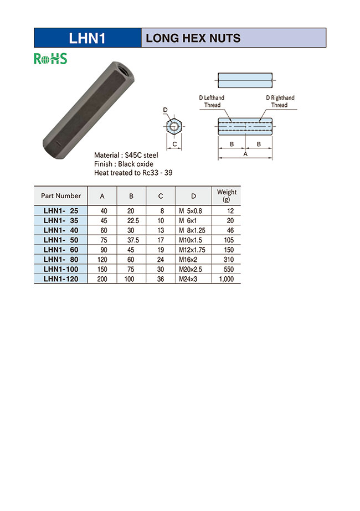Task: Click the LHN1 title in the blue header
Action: (x=87, y=38)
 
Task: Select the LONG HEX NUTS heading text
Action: (x=193, y=38)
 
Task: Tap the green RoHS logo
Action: (x=50, y=59)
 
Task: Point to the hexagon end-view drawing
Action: (x=174, y=127)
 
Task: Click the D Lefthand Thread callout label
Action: (x=212, y=101)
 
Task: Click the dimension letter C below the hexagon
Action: (x=174, y=145)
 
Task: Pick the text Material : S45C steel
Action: (x=126, y=156)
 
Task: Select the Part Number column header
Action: (x=61, y=195)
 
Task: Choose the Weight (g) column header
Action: (x=227, y=195)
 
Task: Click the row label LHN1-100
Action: (x=61, y=270)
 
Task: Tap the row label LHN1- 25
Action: (x=61, y=210)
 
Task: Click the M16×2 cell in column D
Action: (x=189, y=260)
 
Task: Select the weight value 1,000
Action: (x=227, y=280)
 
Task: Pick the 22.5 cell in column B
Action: (x=131, y=220)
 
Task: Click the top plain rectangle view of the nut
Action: (x=245, y=80)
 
